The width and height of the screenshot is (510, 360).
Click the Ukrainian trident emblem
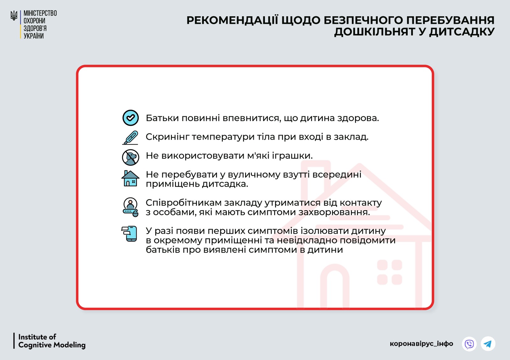14,16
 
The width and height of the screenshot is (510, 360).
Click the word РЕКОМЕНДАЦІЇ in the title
232,20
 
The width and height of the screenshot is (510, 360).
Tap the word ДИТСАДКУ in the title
462,32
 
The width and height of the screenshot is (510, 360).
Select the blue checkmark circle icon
130,118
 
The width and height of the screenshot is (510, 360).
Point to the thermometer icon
130,138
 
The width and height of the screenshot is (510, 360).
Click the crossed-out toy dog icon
130,157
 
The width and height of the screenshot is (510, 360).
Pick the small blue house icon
130,178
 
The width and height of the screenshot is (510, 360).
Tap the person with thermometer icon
130,207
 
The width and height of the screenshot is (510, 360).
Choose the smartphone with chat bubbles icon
129,234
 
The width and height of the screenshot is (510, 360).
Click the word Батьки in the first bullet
162,118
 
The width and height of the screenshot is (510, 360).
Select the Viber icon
469,344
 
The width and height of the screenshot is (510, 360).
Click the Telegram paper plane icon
488,344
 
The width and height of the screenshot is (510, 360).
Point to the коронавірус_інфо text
421,344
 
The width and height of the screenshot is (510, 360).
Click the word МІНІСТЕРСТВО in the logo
40,13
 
